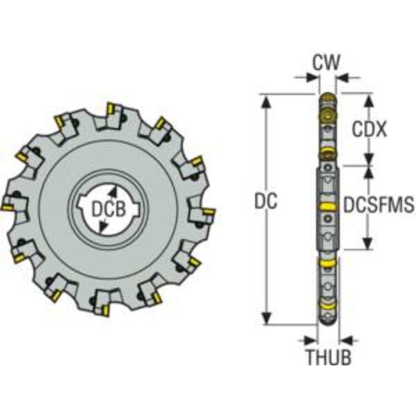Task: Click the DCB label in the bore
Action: pos(108,209)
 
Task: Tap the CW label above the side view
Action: pos(326,62)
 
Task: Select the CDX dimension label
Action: pos(369,130)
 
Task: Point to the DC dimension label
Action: pos(266,200)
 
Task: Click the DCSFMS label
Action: pos(379,205)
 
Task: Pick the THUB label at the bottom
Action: pos(329,357)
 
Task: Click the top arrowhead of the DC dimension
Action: pos(267,101)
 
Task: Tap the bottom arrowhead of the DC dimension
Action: pos(267,318)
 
